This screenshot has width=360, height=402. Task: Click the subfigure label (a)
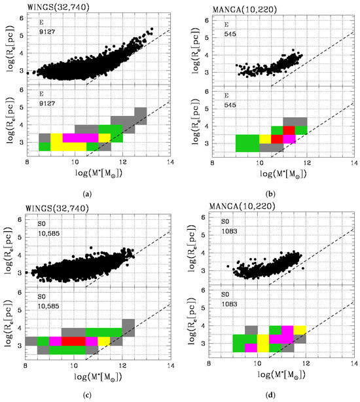click(x=87, y=194)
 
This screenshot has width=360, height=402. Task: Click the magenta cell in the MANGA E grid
click(x=289, y=139)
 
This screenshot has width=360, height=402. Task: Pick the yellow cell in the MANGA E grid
click(x=266, y=139)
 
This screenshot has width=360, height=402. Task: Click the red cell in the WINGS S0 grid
click(x=73, y=341)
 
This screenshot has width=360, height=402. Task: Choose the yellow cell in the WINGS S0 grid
click(x=104, y=341)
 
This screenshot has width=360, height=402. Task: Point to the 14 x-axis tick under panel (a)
click(x=170, y=162)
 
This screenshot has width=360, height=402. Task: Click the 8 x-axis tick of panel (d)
click(x=209, y=364)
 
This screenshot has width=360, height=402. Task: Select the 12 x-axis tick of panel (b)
click(x=307, y=163)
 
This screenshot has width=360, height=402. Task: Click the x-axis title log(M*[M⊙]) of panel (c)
click(x=98, y=377)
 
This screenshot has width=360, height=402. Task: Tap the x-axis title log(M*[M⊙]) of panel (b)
click(x=283, y=174)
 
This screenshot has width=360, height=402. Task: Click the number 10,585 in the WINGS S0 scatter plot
click(x=48, y=234)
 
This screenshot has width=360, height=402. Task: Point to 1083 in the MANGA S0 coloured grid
click(x=229, y=304)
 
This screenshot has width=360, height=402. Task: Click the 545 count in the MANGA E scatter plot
click(x=230, y=34)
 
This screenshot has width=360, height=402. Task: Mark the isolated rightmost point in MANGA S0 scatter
click(x=303, y=268)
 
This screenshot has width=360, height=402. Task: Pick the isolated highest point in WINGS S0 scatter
click(x=91, y=248)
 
